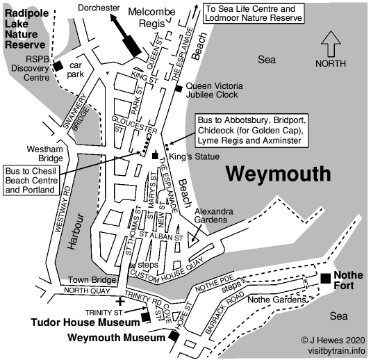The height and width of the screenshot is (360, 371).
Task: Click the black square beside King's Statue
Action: (155, 156)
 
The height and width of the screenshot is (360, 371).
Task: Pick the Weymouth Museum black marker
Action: (174, 338)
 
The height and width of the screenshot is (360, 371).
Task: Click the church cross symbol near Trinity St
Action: (121, 302)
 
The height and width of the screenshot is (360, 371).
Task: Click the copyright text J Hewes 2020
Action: (333, 341)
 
